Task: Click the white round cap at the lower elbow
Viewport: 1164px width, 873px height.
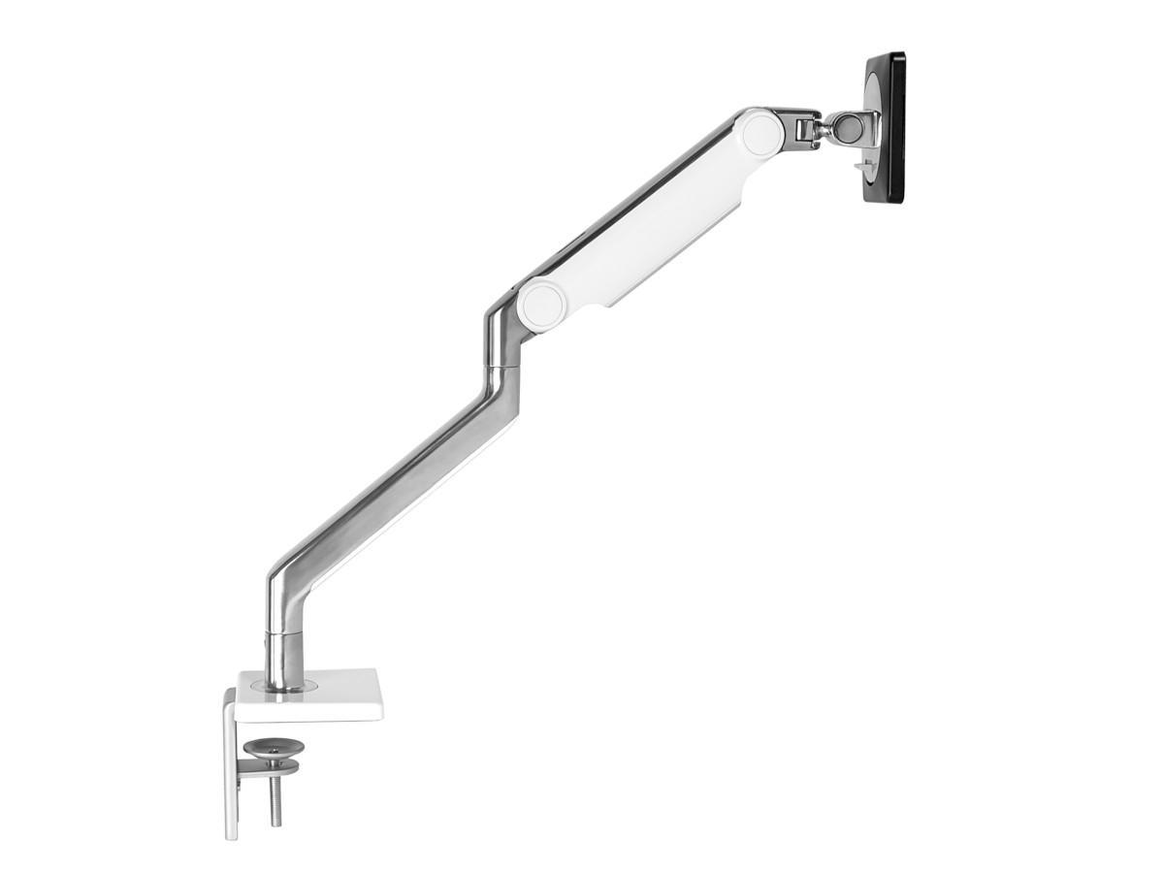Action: coord(541,305)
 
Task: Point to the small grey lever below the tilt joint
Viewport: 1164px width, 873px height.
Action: coord(860,166)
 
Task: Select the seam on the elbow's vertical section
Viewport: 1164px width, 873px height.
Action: coord(502,366)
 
